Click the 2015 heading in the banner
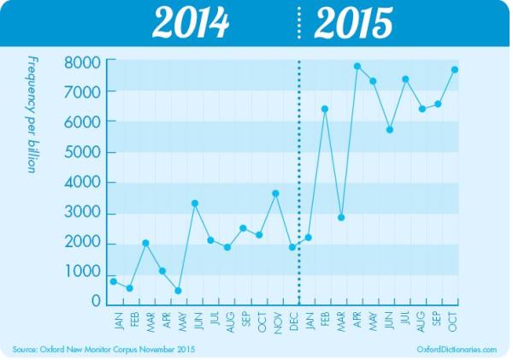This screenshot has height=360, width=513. point(353,23)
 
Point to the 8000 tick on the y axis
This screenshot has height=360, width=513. point(84,62)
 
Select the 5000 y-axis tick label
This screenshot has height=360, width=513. point(84,152)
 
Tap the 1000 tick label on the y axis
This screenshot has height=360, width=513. point(84,272)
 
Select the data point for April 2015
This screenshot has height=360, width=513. point(357,66)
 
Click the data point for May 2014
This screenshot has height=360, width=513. point(178,291)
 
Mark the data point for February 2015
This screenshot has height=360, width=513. point(325,109)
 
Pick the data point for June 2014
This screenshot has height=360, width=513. point(195,204)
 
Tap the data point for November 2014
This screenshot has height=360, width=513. point(275,193)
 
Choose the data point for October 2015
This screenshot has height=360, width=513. point(455,69)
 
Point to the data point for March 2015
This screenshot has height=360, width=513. point(341,217)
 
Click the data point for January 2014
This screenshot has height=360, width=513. point(113,281)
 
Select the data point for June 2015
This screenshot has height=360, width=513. point(390,130)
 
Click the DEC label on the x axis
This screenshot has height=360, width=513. point(292,320)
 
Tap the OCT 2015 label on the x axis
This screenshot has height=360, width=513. point(455,320)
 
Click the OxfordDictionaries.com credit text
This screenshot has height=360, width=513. point(457,350)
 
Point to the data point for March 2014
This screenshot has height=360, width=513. point(145,243)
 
